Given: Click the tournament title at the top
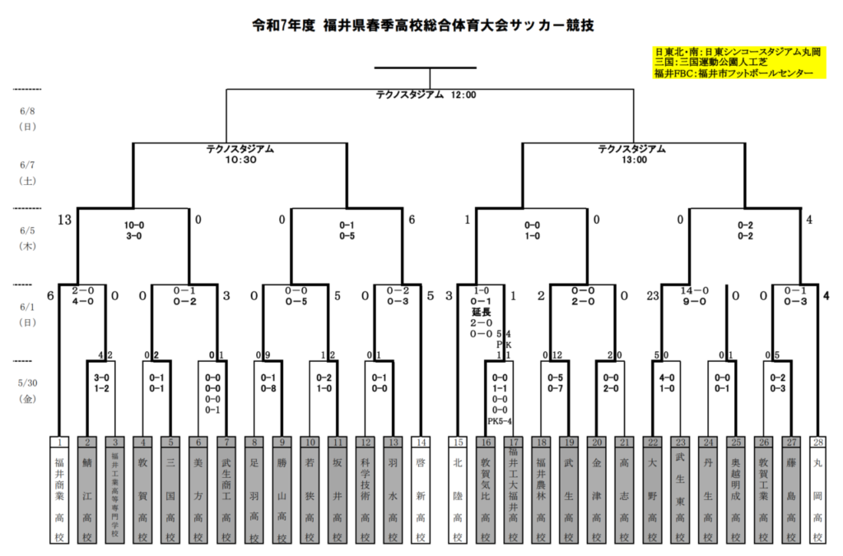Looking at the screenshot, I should coord(421,25).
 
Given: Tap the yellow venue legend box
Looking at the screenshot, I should coord(737,62).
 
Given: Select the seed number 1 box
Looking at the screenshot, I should coord(62,442).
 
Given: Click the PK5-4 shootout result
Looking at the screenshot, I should coord(500,420).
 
